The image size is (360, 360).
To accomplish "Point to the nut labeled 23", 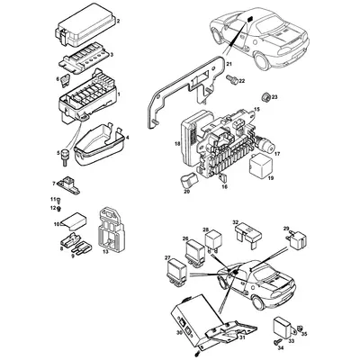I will (x=262, y=95).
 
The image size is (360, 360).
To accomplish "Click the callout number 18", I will (x=177, y=144).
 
